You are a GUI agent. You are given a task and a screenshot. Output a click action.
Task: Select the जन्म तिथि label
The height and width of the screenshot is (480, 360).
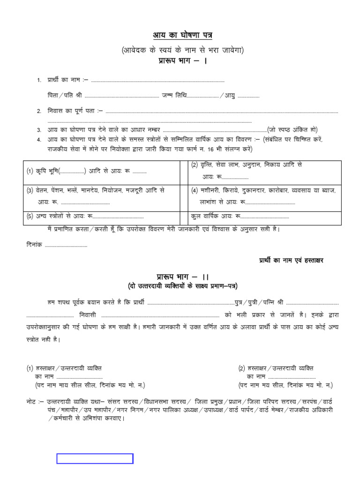[x=174, y=95]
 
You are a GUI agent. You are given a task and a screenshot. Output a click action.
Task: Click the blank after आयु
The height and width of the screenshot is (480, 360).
[x=248, y=96]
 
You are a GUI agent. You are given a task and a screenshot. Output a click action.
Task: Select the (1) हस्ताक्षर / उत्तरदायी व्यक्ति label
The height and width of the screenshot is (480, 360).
[x=63, y=368]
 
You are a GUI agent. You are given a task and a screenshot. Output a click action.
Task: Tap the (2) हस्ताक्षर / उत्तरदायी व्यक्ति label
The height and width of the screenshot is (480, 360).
[x=275, y=368]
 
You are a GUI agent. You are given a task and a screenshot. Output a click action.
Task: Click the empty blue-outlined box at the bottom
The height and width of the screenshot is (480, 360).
[x=95, y=458]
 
